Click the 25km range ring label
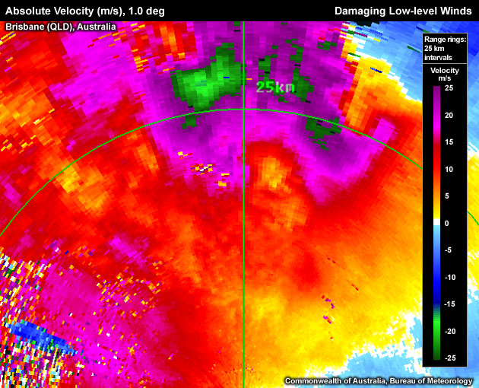coord(274,87)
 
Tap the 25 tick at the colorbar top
coord(449,88)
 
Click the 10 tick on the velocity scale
coord(449,169)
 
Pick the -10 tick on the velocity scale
coord(449,277)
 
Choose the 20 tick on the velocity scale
coord(449,115)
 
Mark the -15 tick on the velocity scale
coord(449,304)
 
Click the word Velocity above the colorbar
coord(444,70)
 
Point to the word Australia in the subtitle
coord(97,26)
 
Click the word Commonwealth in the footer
coord(312,380)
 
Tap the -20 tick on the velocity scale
coord(449,331)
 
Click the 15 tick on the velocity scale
coord(449,142)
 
